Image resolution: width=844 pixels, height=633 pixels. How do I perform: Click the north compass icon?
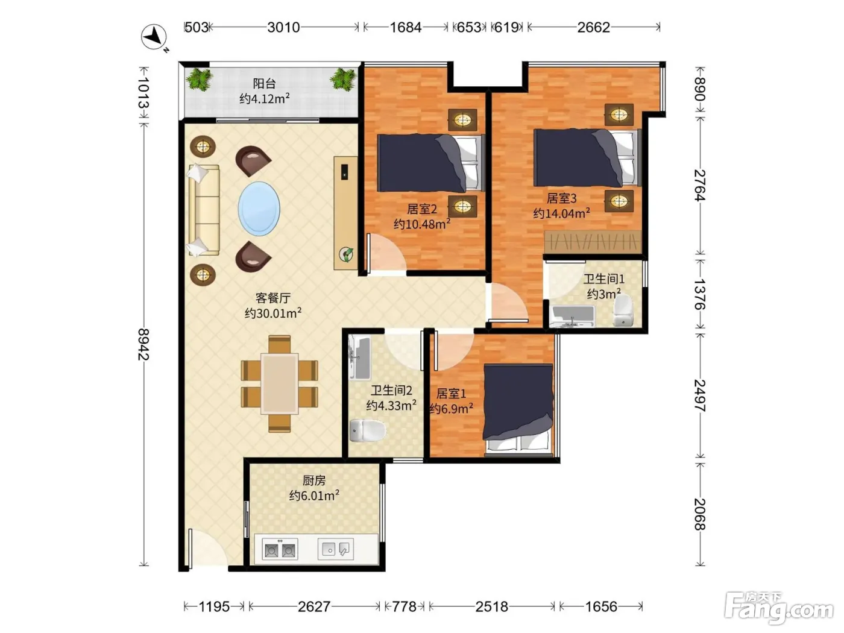[x=154, y=37]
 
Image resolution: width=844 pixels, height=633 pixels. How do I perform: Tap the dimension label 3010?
[x=283, y=27]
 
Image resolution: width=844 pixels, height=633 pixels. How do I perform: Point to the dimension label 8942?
[x=144, y=344]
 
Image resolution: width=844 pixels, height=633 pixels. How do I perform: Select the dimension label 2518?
[x=492, y=606]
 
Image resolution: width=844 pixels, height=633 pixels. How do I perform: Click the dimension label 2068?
[x=700, y=514]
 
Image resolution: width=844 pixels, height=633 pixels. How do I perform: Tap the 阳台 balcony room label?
[x=264, y=83]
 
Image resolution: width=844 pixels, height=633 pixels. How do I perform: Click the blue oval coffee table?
[x=259, y=209]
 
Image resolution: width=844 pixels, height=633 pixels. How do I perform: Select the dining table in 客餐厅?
[x=280, y=383]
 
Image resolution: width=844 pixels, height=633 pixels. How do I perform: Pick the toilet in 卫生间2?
[x=368, y=430]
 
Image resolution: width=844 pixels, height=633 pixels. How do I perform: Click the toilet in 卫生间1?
[x=623, y=310]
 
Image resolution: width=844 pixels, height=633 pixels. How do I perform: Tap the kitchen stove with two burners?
[x=280, y=549]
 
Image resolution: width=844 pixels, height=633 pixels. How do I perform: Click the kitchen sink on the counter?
[x=336, y=549]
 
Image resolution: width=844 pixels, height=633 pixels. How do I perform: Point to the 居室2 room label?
[x=422, y=209]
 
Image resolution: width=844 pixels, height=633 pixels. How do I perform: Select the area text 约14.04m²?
[x=562, y=213]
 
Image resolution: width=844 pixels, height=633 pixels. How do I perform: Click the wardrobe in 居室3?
[x=593, y=242]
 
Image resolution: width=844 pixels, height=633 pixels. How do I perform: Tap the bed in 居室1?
[x=518, y=410]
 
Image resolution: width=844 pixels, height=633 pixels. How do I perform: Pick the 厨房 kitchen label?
[x=314, y=480]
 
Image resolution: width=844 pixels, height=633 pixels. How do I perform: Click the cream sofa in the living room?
[x=204, y=210]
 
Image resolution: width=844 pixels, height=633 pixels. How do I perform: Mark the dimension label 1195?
[x=214, y=606]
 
